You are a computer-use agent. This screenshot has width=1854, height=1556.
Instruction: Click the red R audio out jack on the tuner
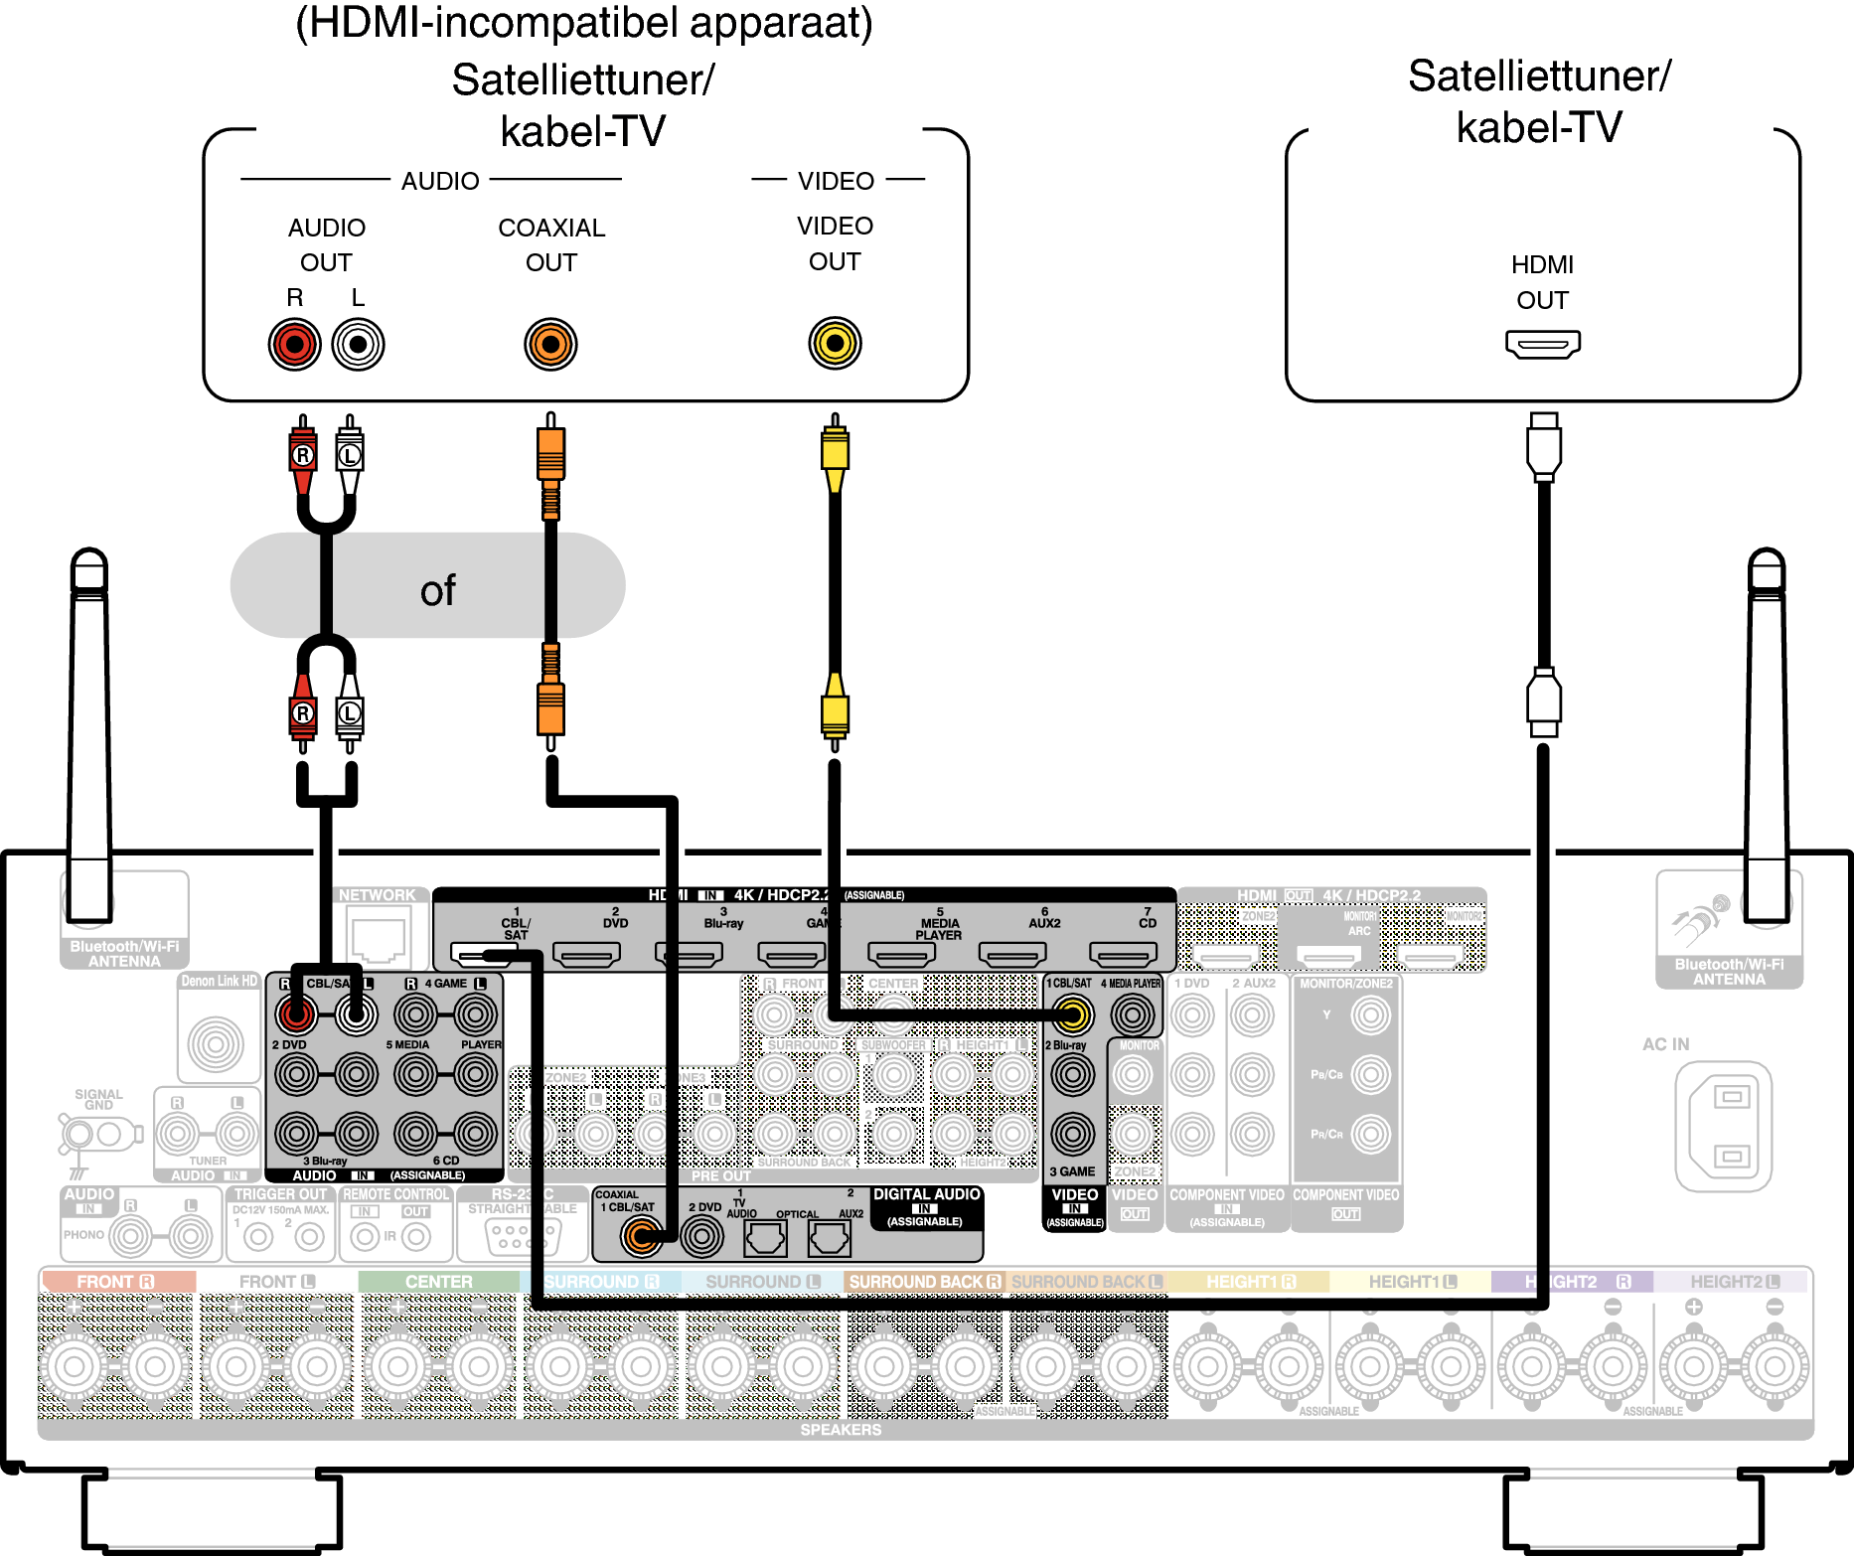(295, 345)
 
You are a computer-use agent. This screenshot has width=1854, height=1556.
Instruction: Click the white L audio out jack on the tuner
(358, 345)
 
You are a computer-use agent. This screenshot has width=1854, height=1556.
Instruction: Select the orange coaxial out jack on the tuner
(550, 345)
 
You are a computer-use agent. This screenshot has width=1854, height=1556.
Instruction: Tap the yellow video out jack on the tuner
(835, 344)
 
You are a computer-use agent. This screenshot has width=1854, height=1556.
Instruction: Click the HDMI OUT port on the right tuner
(1542, 345)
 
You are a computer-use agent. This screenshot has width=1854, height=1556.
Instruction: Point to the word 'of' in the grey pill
(437, 591)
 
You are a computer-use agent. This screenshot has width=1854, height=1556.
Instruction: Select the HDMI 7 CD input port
(1123, 955)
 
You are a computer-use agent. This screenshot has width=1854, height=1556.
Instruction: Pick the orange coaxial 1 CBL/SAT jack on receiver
(641, 1237)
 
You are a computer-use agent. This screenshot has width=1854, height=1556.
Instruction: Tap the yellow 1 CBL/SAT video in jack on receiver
(1073, 1014)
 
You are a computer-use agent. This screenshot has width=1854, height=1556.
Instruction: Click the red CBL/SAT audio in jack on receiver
(296, 1014)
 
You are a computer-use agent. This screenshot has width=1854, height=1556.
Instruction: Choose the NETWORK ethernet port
(378, 939)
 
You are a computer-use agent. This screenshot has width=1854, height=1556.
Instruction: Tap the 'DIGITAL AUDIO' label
(926, 1194)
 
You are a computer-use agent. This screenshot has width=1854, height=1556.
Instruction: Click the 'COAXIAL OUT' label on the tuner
(551, 244)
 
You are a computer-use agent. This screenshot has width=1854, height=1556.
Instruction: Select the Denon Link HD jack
(216, 1043)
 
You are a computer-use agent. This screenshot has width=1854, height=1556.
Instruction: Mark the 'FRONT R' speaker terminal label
(115, 1282)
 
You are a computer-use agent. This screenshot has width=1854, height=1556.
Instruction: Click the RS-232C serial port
(513, 1236)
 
